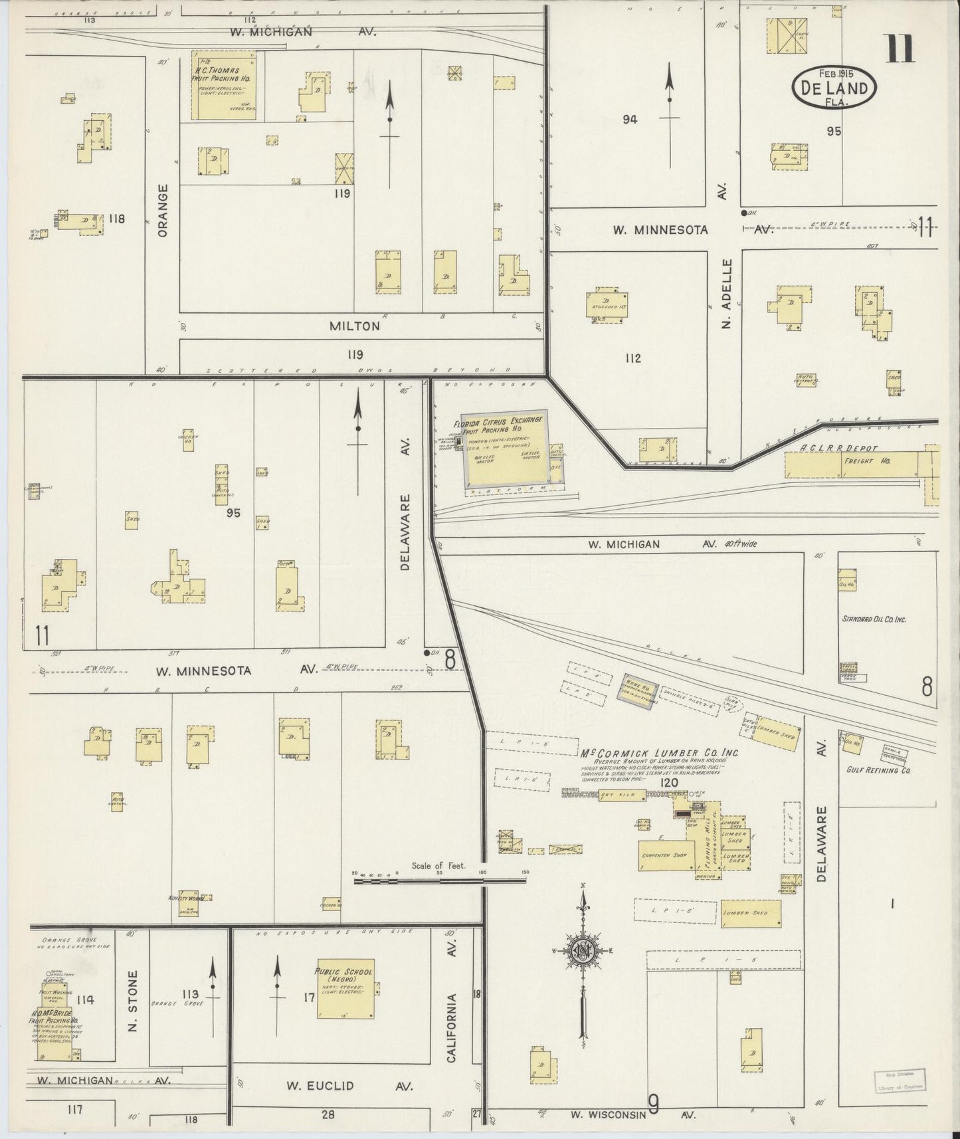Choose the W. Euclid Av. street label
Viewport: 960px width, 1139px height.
point(349,1086)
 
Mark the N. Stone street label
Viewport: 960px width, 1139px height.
point(132,1011)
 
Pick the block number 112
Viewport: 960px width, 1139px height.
point(632,358)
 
